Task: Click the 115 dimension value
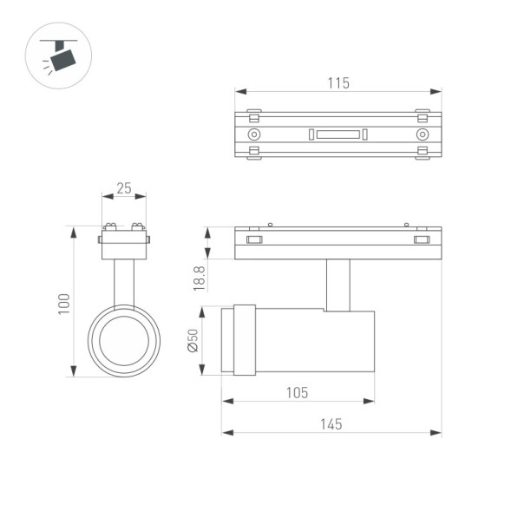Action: click(x=337, y=83)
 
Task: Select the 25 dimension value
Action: click(x=124, y=188)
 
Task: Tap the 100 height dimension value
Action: click(x=63, y=302)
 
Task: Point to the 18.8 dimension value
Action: click(x=199, y=278)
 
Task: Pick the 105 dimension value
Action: click(x=297, y=392)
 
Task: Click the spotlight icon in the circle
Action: click(x=60, y=58)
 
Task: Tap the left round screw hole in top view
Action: click(x=253, y=135)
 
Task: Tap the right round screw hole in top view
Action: click(x=423, y=135)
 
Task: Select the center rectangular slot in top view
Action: click(x=337, y=134)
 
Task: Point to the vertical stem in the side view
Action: click(x=338, y=284)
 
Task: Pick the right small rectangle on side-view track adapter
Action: click(x=422, y=239)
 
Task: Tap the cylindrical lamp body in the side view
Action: click(x=317, y=341)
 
